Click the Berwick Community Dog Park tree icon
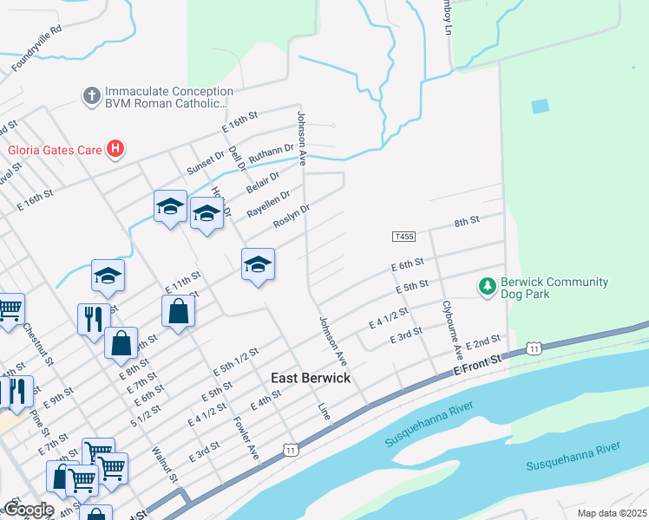[x=488, y=285]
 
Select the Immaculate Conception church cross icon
[x=92, y=96]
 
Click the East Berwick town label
[x=311, y=379]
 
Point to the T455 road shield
[x=403, y=236]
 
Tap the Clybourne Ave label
[x=452, y=330]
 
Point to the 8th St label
[x=467, y=223]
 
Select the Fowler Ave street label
[x=247, y=440]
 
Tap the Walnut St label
[x=164, y=465]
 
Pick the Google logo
[x=28, y=509]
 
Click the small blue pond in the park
[x=540, y=107]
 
